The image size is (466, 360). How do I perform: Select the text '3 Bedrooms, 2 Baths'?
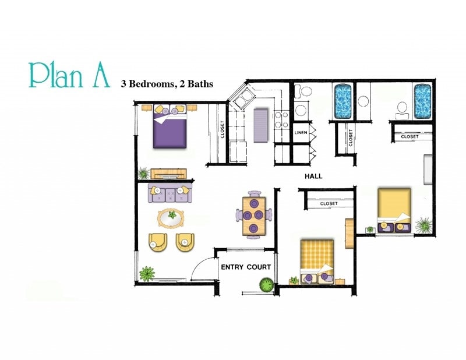[167, 84]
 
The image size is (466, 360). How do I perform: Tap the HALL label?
[313, 176]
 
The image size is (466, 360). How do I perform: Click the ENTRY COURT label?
[245, 267]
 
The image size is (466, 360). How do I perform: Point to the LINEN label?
[301, 133]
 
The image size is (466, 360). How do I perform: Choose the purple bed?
[171, 128]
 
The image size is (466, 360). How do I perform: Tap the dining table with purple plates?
[254, 215]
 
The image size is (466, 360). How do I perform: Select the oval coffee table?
[171, 218]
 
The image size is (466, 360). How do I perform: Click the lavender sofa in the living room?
[170, 193]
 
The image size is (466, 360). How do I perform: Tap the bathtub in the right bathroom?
[422, 100]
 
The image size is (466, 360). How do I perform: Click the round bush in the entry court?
[267, 285]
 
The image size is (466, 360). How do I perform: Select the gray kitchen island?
[260, 125]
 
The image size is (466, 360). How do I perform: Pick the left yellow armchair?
[157, 242]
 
